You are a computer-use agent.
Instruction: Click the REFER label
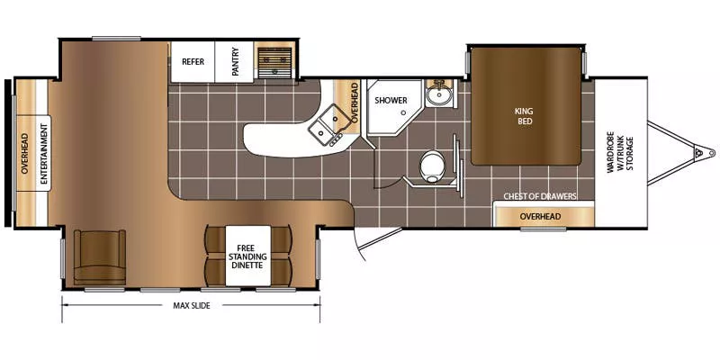click(192, 62)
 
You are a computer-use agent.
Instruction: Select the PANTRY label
click(235, 62)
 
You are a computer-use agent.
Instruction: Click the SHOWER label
click(391, 100)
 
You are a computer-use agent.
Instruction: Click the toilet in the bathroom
click(433, 165)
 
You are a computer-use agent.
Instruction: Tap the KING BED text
click(524, 116)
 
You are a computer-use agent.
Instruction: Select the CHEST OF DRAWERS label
click(540, 196)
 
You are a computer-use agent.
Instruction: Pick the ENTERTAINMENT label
click(41, 154)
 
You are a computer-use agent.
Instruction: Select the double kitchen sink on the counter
click(329, 125)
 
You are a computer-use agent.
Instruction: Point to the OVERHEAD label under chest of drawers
click(540, 217)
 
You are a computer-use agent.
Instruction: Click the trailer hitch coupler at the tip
click(696, 154)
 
